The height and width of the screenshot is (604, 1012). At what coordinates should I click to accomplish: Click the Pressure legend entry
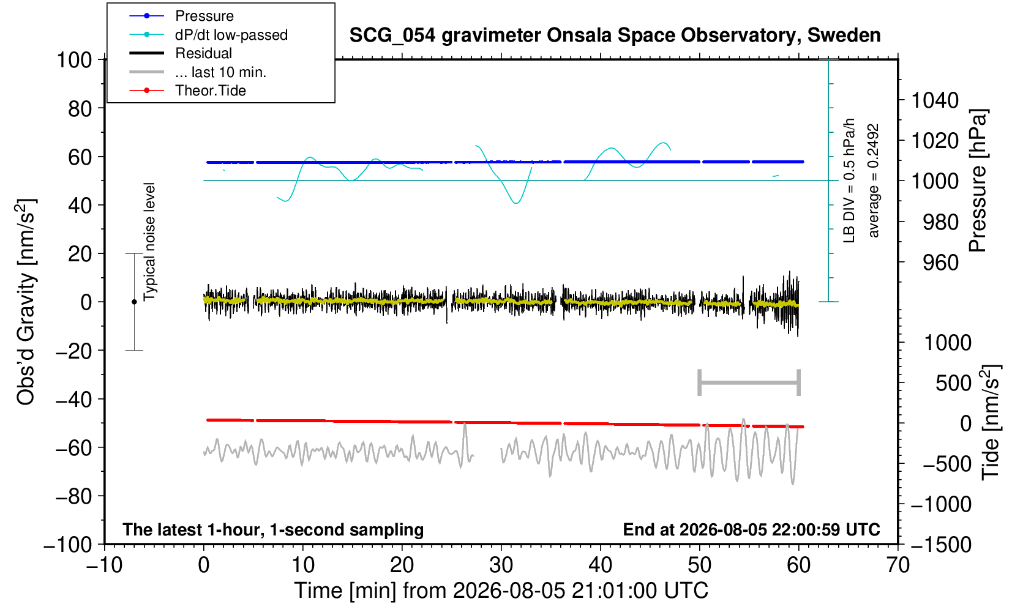point(182,16)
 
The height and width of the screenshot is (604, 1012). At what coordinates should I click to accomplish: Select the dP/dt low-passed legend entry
point(208,35)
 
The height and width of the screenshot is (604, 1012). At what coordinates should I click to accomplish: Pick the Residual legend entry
point(181,53)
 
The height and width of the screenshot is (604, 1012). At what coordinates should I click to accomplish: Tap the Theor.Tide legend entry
point(187,91)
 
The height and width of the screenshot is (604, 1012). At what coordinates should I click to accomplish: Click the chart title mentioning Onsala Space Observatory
point(615,35)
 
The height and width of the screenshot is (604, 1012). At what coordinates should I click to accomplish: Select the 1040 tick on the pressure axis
point(935,100)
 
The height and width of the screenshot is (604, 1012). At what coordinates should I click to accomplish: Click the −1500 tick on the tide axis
point(941,545)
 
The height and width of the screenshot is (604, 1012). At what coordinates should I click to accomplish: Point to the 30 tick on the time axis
point(501,565)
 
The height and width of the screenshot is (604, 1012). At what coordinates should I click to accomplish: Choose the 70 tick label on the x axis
point(898,565)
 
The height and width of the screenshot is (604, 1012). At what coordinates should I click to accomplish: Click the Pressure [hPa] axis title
point(978,181)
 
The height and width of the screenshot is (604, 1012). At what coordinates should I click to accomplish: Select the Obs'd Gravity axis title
point(26,302)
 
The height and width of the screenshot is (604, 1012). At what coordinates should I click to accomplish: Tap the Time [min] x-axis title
point(501,591)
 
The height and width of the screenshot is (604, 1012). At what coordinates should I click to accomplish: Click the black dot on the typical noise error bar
point(134,302)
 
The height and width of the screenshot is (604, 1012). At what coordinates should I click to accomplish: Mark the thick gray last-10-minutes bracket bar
point(749,382)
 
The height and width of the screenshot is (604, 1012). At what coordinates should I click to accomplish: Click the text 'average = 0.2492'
point(874,181)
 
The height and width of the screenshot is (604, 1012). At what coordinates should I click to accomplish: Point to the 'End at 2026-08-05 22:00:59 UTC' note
point(751,529)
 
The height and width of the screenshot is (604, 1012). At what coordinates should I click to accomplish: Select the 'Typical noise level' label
point(149,242)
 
